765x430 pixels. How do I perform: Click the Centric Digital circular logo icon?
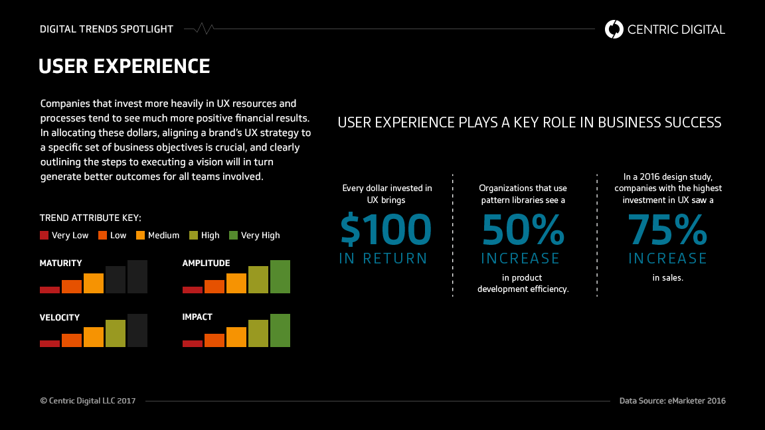pyautogui.click(x=614, y=29)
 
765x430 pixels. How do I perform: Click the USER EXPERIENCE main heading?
pyautogui.click(x=124, y=66)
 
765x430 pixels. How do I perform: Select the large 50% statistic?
pyautogui.click(x=523, y=230)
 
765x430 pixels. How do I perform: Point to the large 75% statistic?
pyautogui.click(x=667, y=230)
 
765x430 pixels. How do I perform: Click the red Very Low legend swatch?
pyautogui.click(x=44, y=235)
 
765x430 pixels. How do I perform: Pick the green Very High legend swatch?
pyautogui.click(x=233, y=235)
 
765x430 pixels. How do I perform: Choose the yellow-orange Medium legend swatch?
pyautogui.click(x=141, y=235)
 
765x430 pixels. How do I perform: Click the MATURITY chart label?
pyautogui.click(x=61, y=263)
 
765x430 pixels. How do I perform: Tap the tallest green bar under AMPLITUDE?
pyautogui.click(x=280, y=277)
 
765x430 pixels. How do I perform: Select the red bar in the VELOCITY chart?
pyautogui.click(x=50, y=343)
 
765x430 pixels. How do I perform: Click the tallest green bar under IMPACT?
pyautogui.click(x=280, y=330)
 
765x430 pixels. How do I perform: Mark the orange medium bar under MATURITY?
pyautogui.click(x=94, y=283)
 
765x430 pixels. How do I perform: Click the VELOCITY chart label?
pyautogui.click(x=60, y=317)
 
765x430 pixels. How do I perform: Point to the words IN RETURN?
pyautogui.click(x=383, y=259)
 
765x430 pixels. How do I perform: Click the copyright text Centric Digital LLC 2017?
pyautogui.click(x=88, y=401)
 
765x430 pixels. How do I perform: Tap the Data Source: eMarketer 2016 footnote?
pyautogui.click(x=673, y=401)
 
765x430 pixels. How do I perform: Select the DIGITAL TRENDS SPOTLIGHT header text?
pyautogui.click(x=106, y=29)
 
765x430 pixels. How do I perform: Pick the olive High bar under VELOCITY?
pyautogui.click(x=116, y=333)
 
